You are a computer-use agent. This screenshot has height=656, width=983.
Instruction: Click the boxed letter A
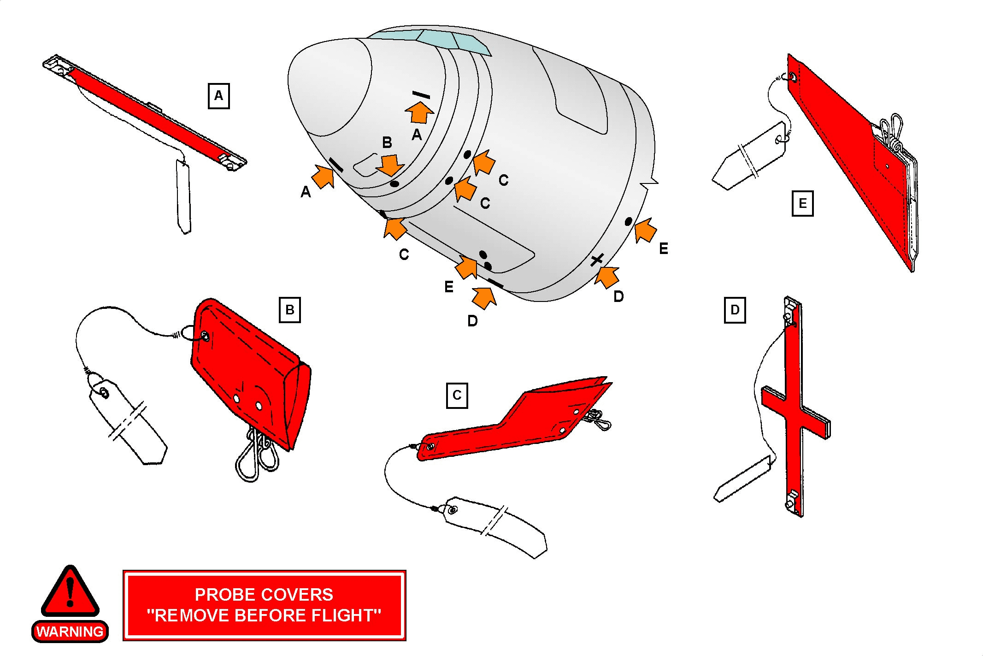(218, 96)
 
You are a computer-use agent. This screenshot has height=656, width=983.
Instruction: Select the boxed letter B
(290, 310)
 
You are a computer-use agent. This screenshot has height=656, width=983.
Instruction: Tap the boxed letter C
(457, 396)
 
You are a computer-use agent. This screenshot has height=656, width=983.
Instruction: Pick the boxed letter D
(735, 310)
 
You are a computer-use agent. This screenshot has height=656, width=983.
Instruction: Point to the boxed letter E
(802, 203)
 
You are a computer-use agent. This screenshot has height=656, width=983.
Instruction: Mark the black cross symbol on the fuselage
(597, 260)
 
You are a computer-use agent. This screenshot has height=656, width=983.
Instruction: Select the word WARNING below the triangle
(70, 632)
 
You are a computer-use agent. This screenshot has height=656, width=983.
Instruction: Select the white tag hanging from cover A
(183, 196)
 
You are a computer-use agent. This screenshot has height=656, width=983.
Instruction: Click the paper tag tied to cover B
(127, 422)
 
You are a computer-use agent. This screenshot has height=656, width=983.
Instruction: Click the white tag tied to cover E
(749, 157)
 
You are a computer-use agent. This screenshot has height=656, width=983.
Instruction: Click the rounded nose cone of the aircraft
(330, 88)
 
